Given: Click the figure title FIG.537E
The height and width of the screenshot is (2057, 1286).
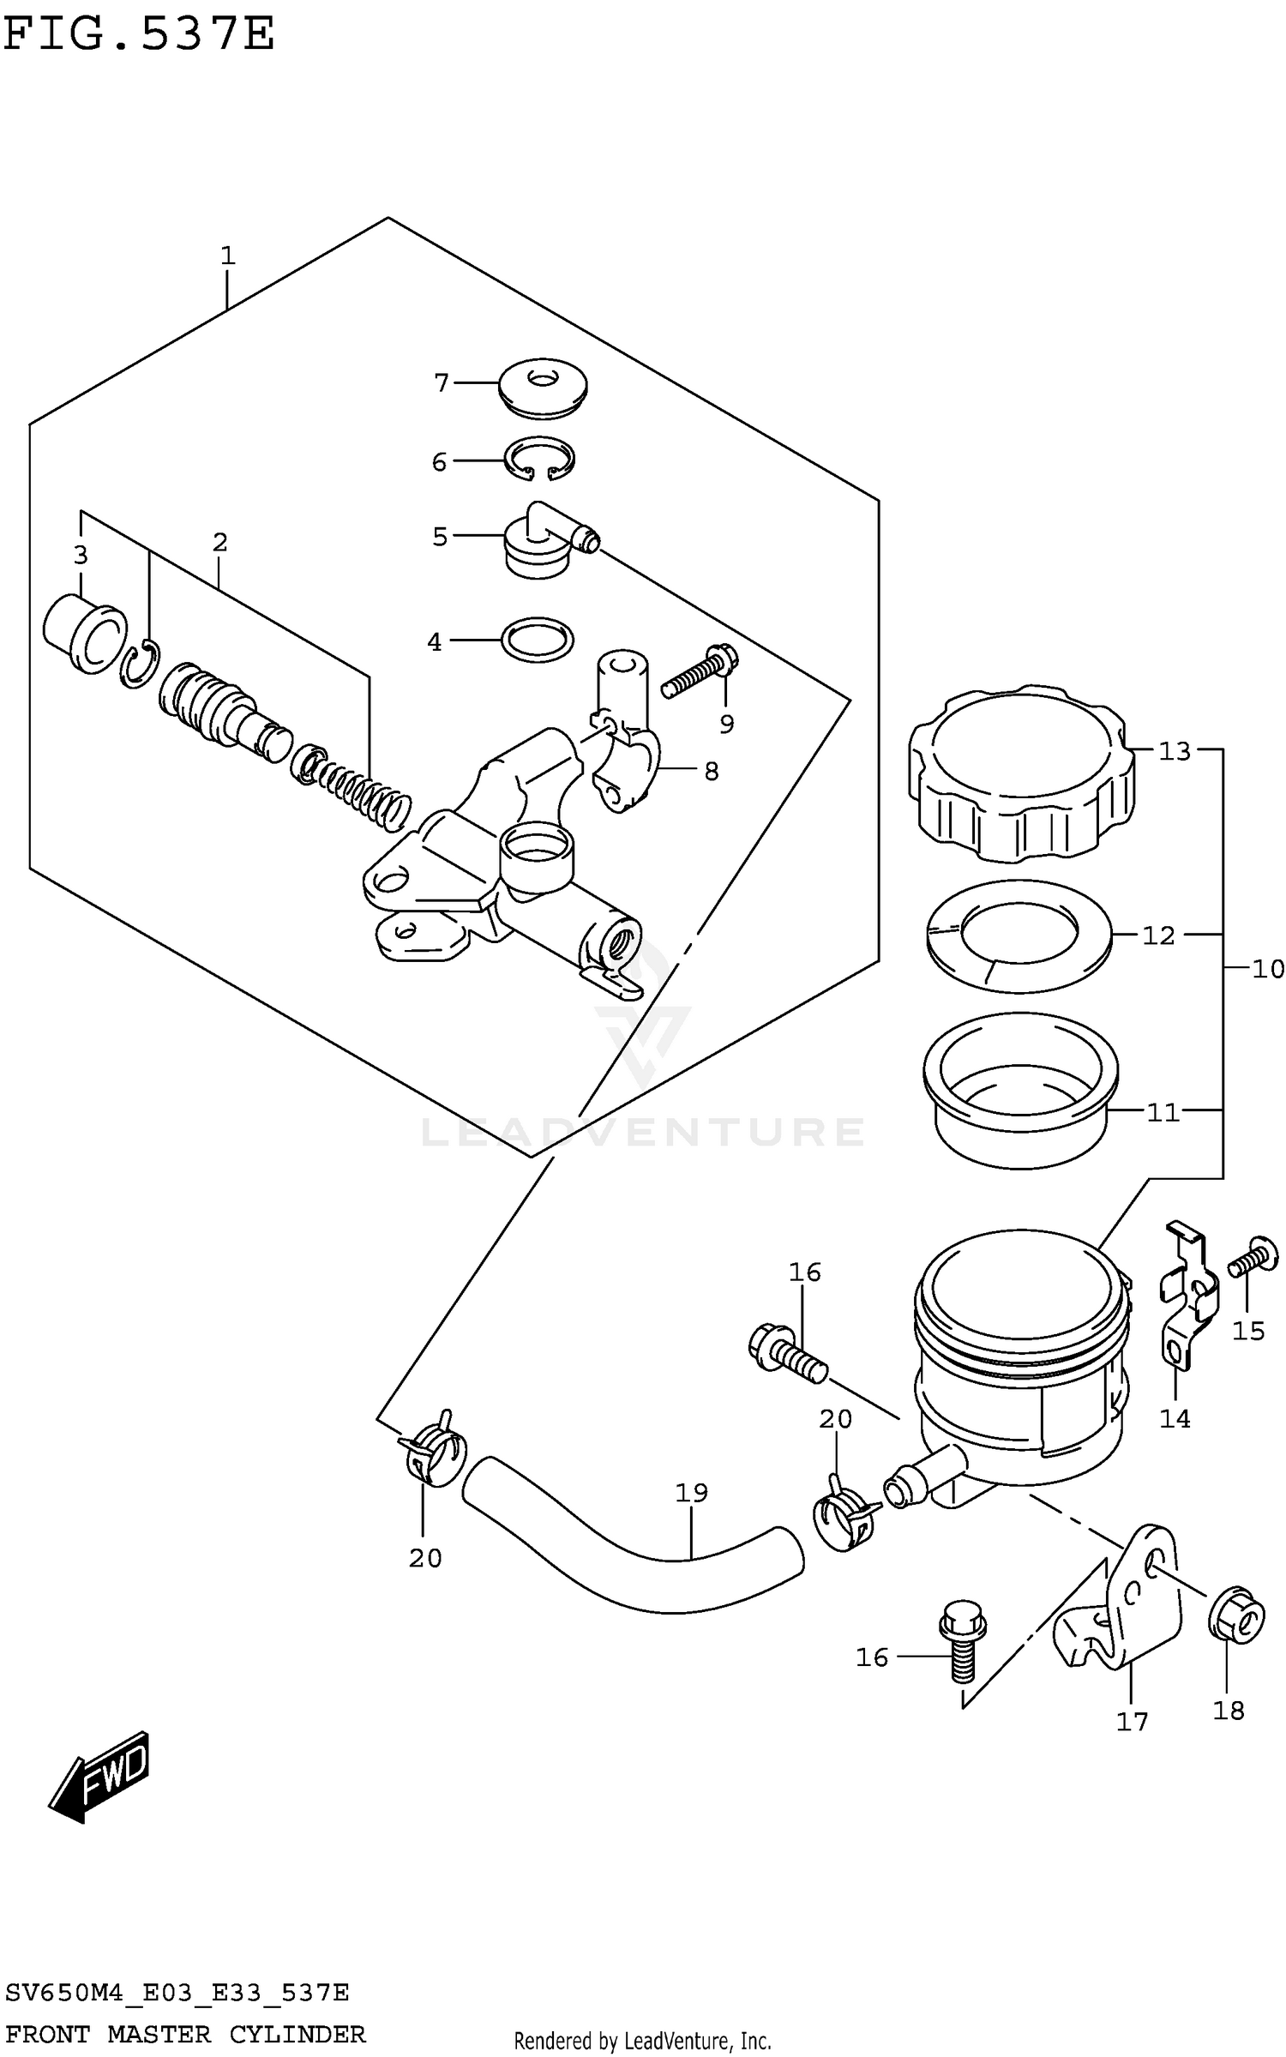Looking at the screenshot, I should pyautogui.click(x=138, y=34).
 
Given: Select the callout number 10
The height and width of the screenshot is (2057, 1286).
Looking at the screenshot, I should pyautogui.click(x=1267, y=969).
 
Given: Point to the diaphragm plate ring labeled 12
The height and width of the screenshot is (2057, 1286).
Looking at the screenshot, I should pyautogui.click(x=1019, y=936).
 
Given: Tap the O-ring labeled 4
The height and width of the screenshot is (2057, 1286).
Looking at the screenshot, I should pyautogui.click(x=538, y=640).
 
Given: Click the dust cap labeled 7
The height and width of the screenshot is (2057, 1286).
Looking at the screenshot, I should pyautogui.click(x=542, y=388).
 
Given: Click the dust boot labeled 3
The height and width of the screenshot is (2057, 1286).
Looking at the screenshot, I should pyautogui.click(x=84, y=633).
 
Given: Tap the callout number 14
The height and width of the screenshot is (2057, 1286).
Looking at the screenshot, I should pyautogui.click(x=1175, y=1419).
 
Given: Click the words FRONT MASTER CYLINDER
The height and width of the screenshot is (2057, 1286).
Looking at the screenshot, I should pyautogui.click(x=184, y=2034).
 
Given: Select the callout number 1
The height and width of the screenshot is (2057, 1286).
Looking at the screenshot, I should pyautogui.click(x=227, y=256).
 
